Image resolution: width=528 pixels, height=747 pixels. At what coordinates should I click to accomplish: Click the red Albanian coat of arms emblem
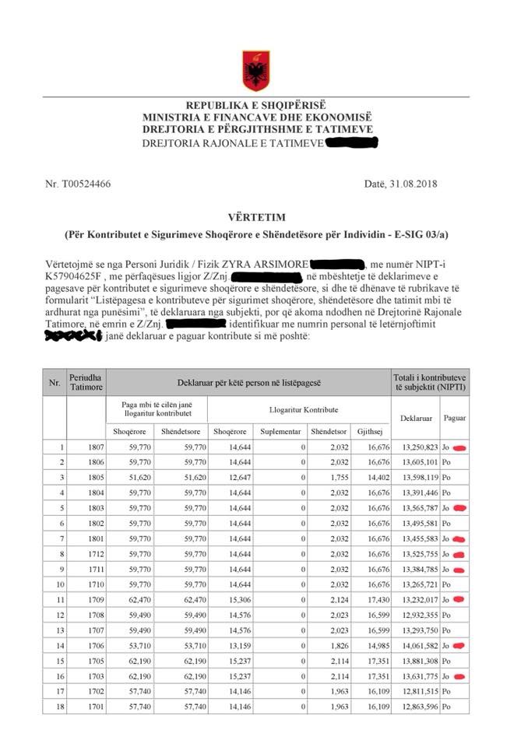[x=255, y=69]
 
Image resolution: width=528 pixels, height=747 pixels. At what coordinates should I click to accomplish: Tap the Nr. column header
[x=55, y=383]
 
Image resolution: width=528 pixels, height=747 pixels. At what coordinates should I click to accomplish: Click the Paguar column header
[x=455, y=419]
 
